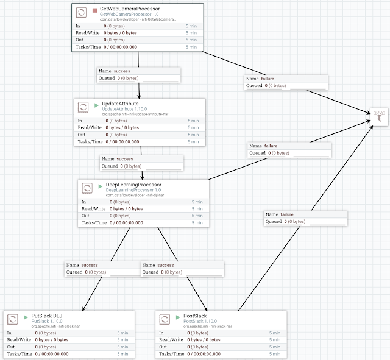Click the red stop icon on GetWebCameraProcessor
click(x=94, y=10)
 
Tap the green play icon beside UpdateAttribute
click(x=97, y=105)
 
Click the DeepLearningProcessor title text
click(x=133, y=185)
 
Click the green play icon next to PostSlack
click(x=177, y=317)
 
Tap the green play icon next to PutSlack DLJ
click(x=25, y=317)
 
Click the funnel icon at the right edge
click(x=378, y=116)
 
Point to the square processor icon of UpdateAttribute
click(x=83, y=107)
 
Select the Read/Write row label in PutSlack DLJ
click(x=18, y=339)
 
